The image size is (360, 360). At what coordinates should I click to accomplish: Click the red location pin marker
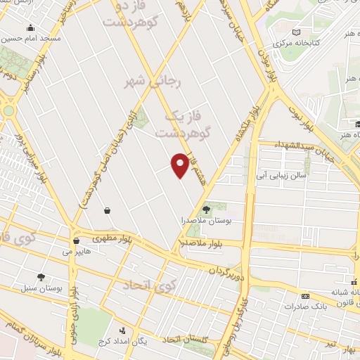181,166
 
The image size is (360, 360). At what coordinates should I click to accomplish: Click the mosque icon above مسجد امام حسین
30,28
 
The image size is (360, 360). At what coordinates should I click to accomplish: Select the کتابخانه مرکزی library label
296,44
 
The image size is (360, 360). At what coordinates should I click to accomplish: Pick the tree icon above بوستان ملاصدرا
206,210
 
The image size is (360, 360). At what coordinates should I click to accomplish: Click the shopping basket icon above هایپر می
106,210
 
